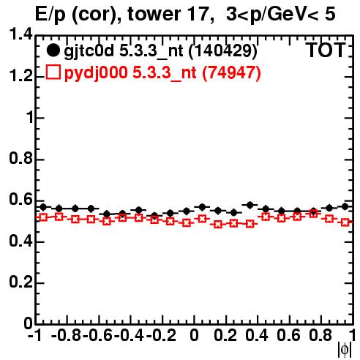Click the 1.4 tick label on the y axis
pyautogui.click(x=20, y=34)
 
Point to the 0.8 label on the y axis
pyautogui.click(x=20, y=158)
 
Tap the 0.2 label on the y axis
pyautogui.click(x=20, y=282)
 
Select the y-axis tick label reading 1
pyautogui.click(x=30, y=117)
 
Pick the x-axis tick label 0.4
pyautogui.click(x=257, y=335)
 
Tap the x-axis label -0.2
pyautogui.click(x=161, y=335)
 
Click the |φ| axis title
pyautogui.click(x=345, y=349)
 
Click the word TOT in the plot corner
pyautogui.click(x=326, y=50)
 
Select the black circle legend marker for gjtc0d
pyautogui.click(x=53, y=50)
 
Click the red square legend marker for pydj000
pyautogui.click(x=53, y=72)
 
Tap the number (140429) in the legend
pyautogui.click(x=223, y=50)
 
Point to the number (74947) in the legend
pyautogui.click(x=231, y=72)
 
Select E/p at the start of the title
pyautogui.click(x=50, y=15)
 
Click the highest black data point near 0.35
pyautogui.click(x=250, y=205)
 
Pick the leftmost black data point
pyautogui.click(x=43, y=207)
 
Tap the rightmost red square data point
pyautogui.click(x=345, y=222)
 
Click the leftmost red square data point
pyautogui.click(x=43, y=217)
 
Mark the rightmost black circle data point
pyautogui.click(x=345, y=206)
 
